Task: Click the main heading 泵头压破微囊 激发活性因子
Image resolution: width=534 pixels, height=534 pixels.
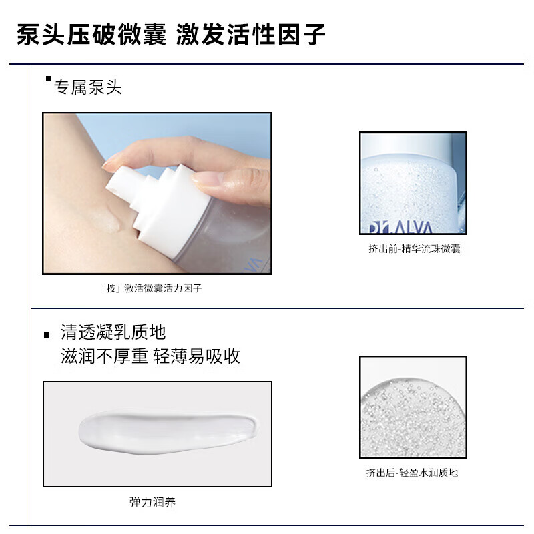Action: pyautogui.click(x=171, y=34)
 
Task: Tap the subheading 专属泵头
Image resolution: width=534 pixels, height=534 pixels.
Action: pyautogui.click(x=88, y=87)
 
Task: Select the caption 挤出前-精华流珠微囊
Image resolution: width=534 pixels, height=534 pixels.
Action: pyautogui.click(x=413, y=249)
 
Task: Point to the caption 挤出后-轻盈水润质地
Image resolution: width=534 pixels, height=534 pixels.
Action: pyautogui.click(x=412, y=473)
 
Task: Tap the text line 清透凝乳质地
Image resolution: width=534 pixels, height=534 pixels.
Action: pyautogui.click(x=113, y=332)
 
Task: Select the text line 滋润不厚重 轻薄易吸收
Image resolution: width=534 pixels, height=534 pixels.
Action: pyautogui.click(x=150, y=356)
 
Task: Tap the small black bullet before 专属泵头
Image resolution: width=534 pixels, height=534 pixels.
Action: pyautogui.click(x=48, y=79)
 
